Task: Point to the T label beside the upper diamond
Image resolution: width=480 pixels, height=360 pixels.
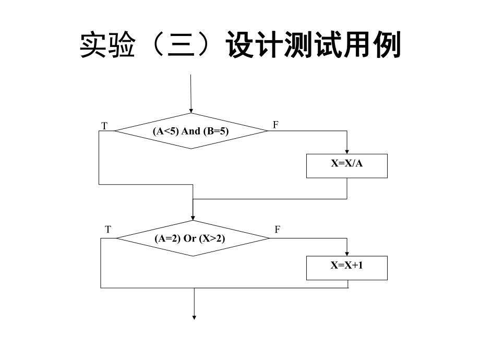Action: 104,126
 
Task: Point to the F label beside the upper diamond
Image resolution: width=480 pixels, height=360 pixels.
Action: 276,125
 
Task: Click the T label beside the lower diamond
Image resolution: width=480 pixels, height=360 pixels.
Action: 107,230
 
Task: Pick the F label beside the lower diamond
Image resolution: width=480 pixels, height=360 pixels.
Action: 278,230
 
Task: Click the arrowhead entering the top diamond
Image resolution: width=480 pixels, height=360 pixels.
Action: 191,111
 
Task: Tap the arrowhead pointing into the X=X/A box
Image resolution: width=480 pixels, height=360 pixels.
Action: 347,151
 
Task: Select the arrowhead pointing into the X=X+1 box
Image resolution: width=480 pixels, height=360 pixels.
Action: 347,253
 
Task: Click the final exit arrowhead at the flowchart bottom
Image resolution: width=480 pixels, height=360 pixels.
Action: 195,316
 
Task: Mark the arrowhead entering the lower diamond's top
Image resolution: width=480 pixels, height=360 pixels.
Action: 193,218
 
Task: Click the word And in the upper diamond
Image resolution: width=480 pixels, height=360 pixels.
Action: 190,131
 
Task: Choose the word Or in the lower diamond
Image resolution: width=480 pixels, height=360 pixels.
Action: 190,238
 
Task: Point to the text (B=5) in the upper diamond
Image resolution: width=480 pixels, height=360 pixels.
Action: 215,131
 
